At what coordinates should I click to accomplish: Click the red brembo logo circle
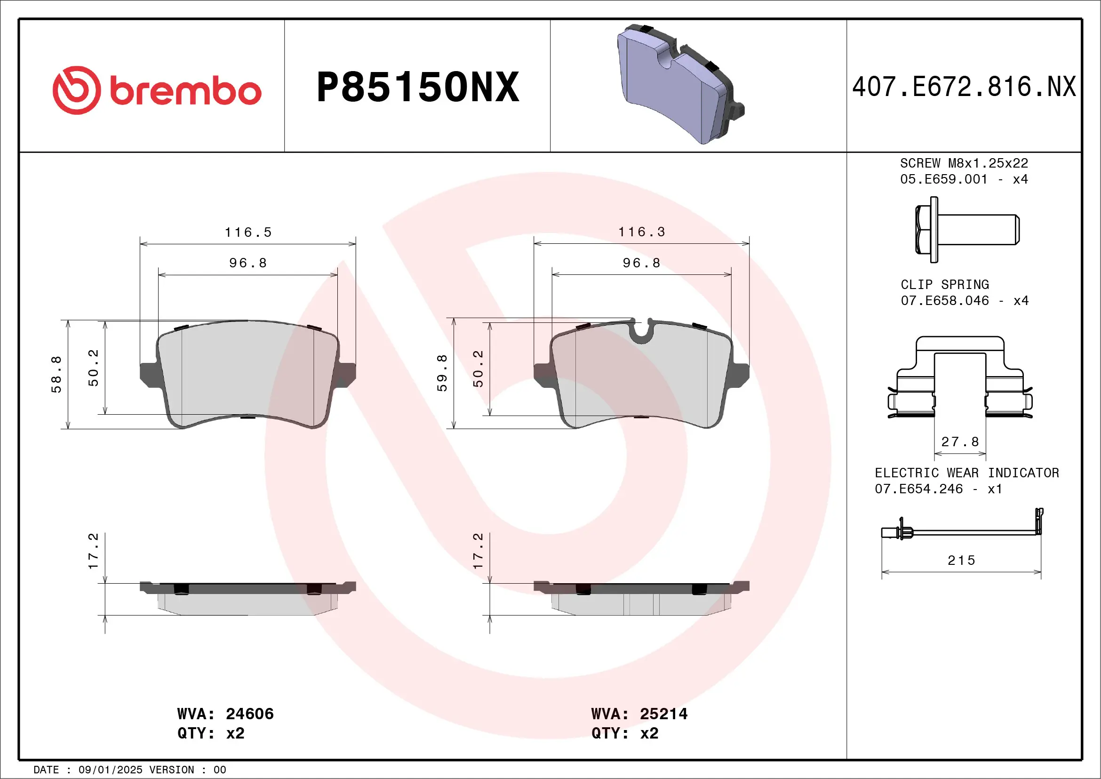77,90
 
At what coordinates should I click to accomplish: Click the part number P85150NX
418,87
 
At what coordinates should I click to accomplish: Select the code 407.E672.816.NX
964,87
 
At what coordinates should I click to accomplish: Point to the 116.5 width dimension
248,233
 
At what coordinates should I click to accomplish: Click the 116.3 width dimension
642,232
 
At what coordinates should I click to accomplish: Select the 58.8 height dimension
56,374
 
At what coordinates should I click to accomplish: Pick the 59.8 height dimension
442,373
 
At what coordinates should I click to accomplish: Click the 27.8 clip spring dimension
960,442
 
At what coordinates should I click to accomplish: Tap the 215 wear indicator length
961,560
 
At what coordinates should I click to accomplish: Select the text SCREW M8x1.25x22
964,163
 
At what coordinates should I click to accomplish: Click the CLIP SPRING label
945,284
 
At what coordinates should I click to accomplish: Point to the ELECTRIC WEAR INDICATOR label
967,473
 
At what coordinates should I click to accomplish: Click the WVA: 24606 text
225,714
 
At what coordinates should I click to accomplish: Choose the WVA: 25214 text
639,714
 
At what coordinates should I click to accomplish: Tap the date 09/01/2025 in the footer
110,770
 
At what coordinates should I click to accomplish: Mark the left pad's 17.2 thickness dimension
93,551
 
